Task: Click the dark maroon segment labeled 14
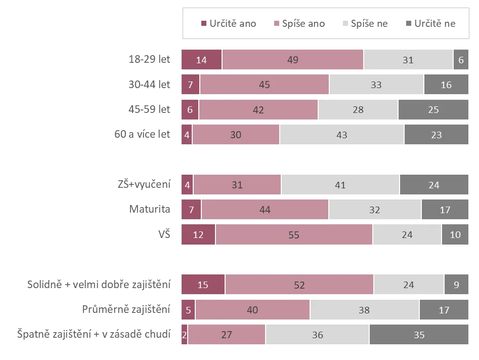pyautogui.click(x=201, y=60)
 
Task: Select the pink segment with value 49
pyautogui.click(x=292, y=60)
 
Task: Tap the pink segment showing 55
pyautogui.click(x=294, y=235)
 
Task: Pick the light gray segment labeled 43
pyautogui.click(x=341, y=135)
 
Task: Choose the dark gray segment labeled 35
pyautogui.click(x=419, y=335)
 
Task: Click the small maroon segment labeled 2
pyautogui.click(x=185, y=335)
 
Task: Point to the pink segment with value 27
pyautogui.click(x=227, y=335)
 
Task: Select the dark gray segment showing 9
pyautogui.click(x=456, y=285)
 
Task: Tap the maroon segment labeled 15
pyautogui.click(x=203, y=285)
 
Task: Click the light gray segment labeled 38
pyautogui.click(x=364, y=310)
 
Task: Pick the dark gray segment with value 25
pyautogui.click(x=433, y=110)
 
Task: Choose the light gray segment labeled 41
pyautogui.click(x=340, y=185)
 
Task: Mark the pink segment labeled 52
pyautogui.click(x=299, y=285)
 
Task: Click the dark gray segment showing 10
pyautogui.click(x=455, y=235)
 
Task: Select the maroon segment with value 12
pyautogui.click(x=198, y=235)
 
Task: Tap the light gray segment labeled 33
pyautogui.click(x=376, y=85)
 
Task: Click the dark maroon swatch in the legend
pyautogui.click(x=203, y=23)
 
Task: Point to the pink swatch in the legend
pyautogui.click(x=276, y=23)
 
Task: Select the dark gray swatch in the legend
pyautogui.click(x=409, y=23)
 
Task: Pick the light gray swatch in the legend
pyautogui.click(x=345, y=23)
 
